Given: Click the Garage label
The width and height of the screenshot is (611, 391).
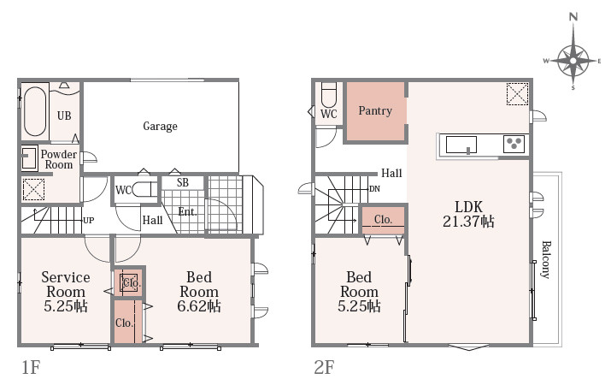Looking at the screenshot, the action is coord(160,126).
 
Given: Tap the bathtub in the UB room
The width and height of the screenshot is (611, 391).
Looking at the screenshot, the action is coord(35,111).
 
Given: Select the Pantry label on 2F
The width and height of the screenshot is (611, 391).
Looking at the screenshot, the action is coord(375,111).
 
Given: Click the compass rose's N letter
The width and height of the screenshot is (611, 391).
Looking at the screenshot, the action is coord(573,17).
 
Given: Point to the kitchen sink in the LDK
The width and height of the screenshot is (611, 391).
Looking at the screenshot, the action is coord(461,145).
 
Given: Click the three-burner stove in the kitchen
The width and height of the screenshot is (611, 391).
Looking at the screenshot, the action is coord(514,144).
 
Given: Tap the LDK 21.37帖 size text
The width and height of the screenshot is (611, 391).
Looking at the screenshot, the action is coord(468,222).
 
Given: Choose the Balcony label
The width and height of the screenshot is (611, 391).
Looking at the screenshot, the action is coord(546,259).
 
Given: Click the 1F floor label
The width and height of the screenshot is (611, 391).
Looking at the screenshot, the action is coord(31,367).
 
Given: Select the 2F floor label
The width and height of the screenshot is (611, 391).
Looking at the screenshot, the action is coord(324,367).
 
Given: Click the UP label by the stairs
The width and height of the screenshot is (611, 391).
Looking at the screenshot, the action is coord(89,220).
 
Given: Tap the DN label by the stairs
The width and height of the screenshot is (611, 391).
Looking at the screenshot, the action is coord(374,189).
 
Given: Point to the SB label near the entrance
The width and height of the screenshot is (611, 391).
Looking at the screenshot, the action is coord(182,182).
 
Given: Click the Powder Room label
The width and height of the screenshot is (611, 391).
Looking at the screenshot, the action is coord(58,159).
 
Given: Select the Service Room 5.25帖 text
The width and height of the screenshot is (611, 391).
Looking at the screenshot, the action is coord(66,292).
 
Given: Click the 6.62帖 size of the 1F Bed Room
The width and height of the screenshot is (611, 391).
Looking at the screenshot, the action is coord(199,306).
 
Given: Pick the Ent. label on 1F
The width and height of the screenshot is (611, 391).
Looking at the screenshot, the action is coord(187,212).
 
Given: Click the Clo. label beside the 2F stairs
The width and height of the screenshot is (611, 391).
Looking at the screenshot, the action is coord(383,220).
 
